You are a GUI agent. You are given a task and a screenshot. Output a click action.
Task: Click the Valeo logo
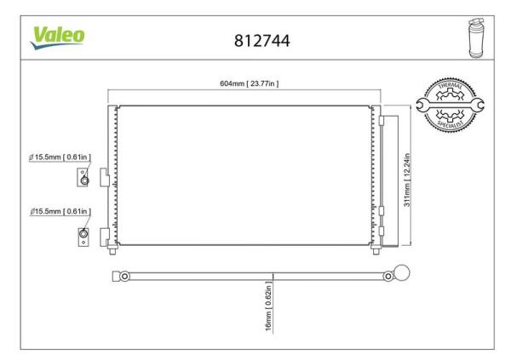pos(58,37)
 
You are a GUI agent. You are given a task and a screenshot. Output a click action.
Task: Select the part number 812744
pos(262,41)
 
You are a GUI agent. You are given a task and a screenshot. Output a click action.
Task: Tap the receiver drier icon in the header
pos(476,38)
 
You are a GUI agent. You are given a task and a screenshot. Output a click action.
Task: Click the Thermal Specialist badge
pos(450,105)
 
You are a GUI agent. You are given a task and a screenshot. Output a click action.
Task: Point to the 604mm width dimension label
pos(250,83)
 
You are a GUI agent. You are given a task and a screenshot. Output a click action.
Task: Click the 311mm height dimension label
pos(407,180)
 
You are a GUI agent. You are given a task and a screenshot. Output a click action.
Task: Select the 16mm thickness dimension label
pos(268,306)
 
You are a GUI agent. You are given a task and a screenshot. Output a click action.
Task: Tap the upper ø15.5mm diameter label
pos(60,157)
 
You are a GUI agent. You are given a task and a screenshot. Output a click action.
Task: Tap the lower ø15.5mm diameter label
pos(60,211)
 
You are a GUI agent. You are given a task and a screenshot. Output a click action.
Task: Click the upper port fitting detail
pos(83,177)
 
